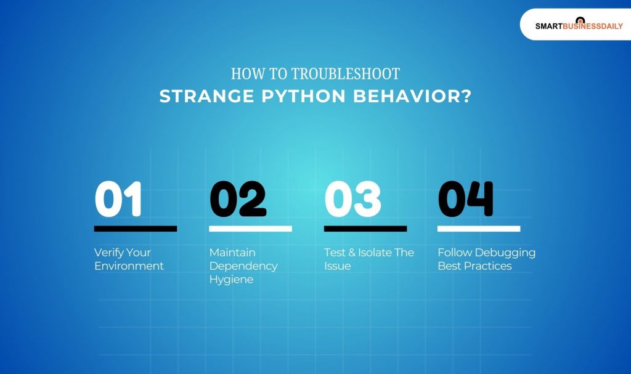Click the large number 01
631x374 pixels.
(118, 199)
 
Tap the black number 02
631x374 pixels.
(238, 199)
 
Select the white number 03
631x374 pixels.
(352, 199)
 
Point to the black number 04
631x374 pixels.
(465, 199)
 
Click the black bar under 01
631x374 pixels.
(136, 229)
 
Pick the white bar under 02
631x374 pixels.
(250, 229)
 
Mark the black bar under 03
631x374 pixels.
(365, 229)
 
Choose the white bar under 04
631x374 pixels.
(479, 229)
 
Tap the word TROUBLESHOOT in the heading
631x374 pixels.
(345, 74)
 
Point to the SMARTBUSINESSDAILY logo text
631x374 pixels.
(579, 26)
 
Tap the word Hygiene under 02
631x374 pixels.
(231, 280)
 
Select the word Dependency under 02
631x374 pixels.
(243, 266)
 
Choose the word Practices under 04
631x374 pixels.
(491, 266)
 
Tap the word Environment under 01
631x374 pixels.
(129, 266)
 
